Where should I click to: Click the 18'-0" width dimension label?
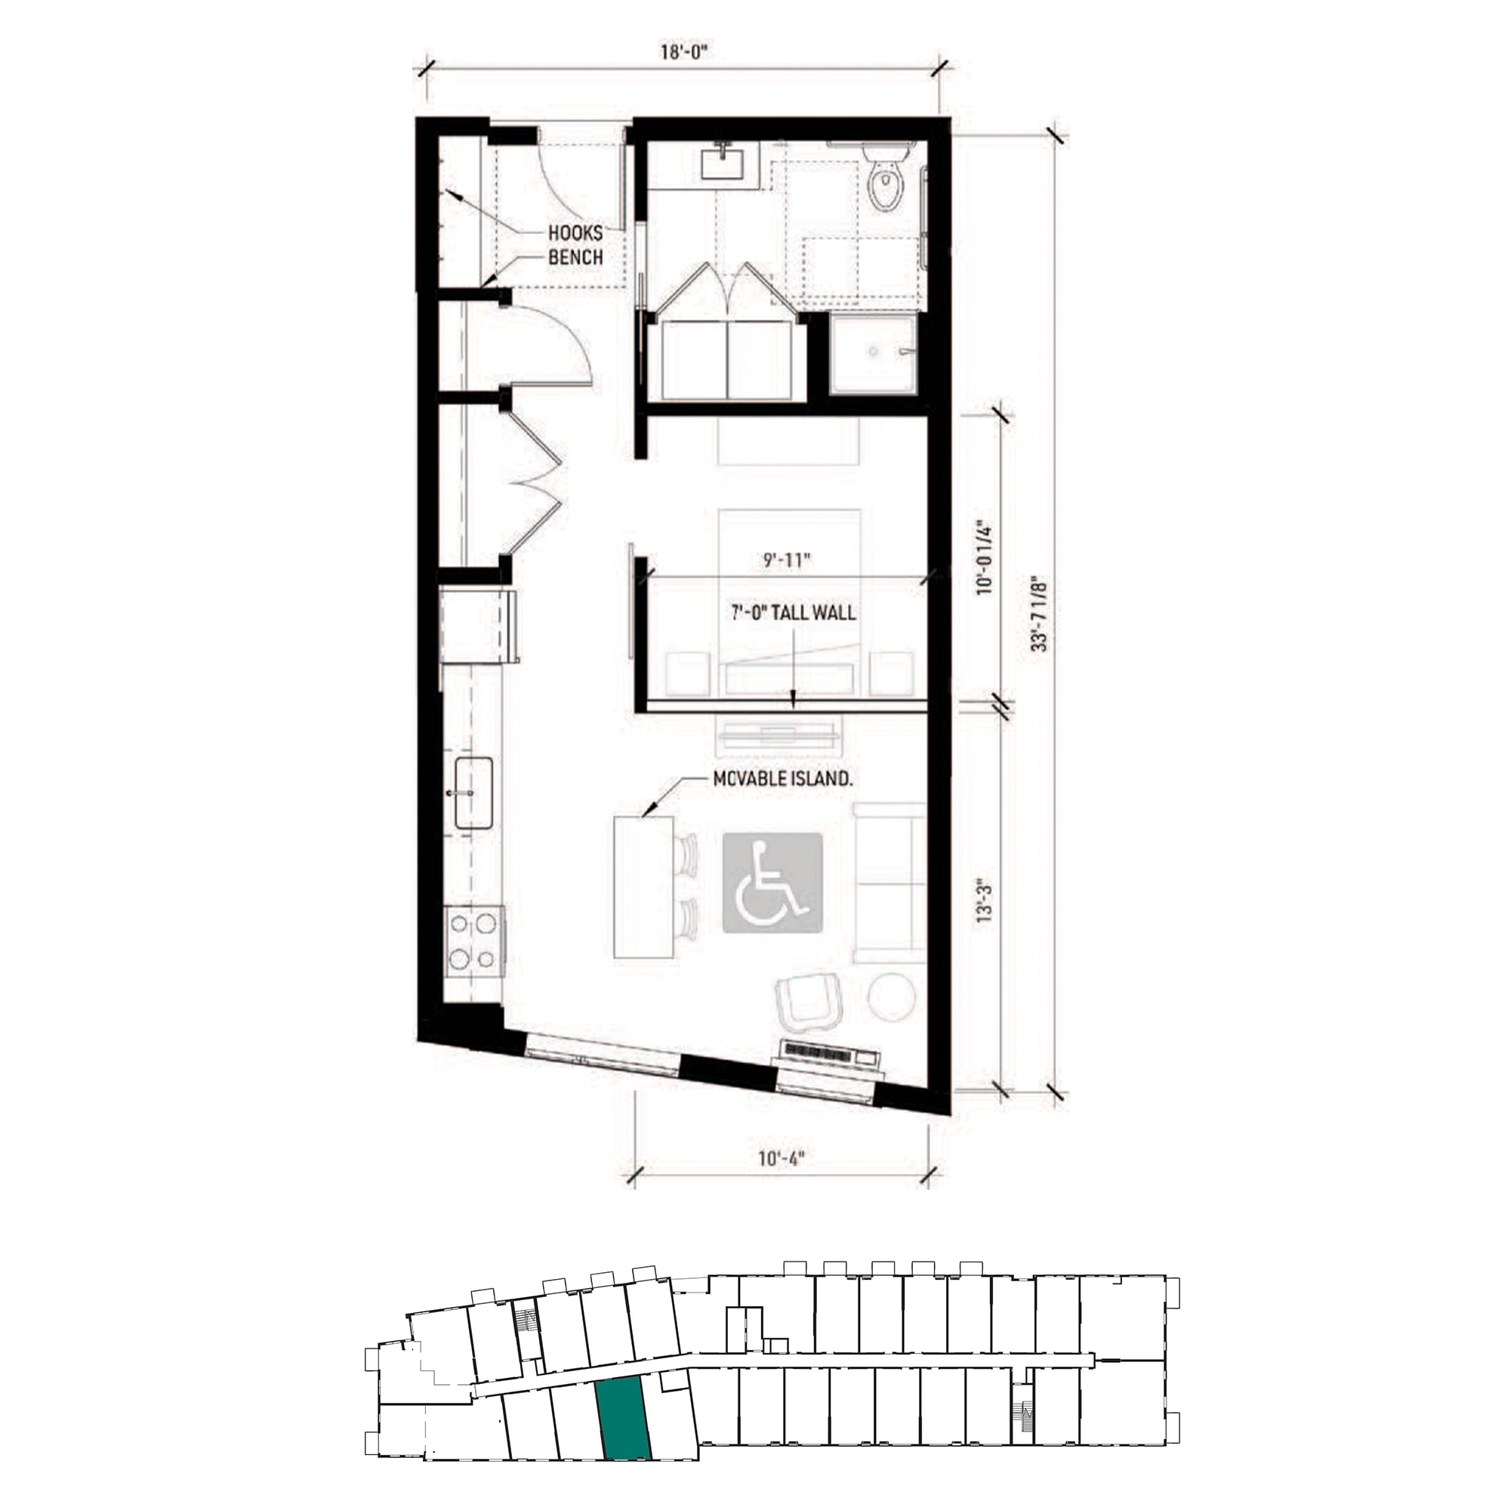coord(683,52)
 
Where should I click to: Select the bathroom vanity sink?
coord(722,163)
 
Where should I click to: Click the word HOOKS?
coord(575,233)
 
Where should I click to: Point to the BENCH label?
coord(575,258)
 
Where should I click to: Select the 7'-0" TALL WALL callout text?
coord(793,613)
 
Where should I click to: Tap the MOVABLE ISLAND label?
coord(782,779)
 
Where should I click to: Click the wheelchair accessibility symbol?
coord(772,882)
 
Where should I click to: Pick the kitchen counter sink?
coord(473,792)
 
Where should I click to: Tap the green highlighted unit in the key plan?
coord(624,1418)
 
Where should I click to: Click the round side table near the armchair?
coord(892,996)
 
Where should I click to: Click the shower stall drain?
coord(874,351)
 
